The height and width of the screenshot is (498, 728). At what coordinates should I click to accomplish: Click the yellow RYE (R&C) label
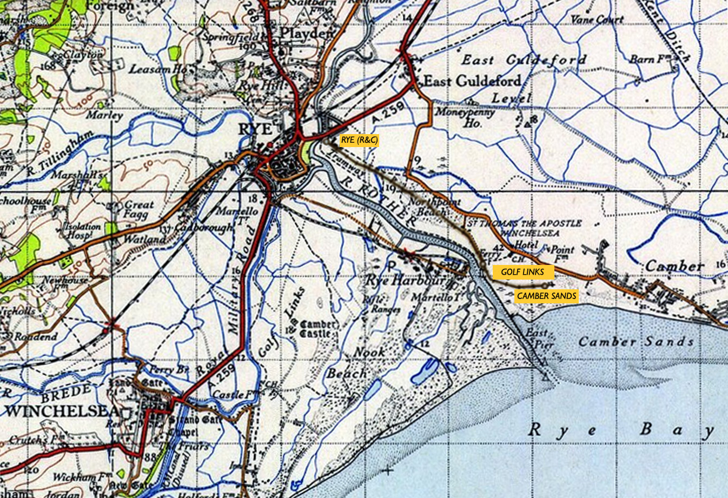(359, 140)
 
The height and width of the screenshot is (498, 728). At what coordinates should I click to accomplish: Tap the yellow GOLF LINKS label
(522, 271)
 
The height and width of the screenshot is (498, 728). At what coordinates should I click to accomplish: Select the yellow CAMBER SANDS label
(546, 296)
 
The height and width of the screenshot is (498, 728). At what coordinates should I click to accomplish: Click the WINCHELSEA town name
(62, 411)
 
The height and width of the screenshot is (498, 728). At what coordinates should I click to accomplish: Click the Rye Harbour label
(406, 281)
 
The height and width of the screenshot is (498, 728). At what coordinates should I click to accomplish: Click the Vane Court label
(597, 19)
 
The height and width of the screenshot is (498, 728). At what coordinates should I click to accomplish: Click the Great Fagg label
(140, 210)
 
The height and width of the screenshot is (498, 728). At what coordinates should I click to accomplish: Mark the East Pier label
(538, 338)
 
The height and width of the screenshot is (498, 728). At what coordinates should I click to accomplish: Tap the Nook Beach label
(354, 363)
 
